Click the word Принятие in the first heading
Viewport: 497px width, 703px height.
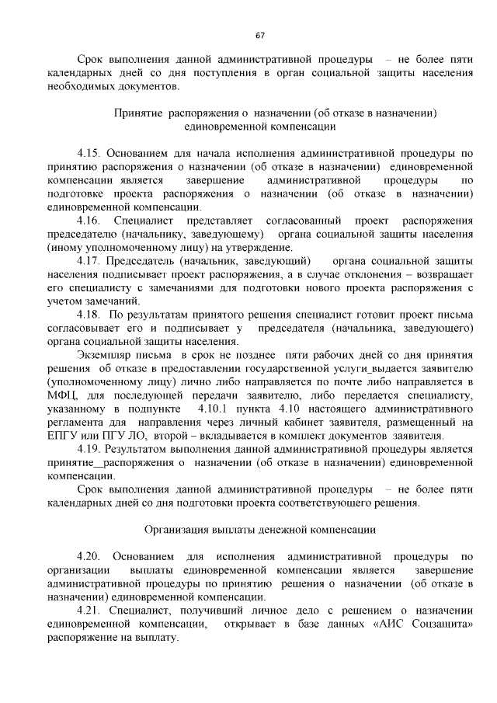tap(137, 113)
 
